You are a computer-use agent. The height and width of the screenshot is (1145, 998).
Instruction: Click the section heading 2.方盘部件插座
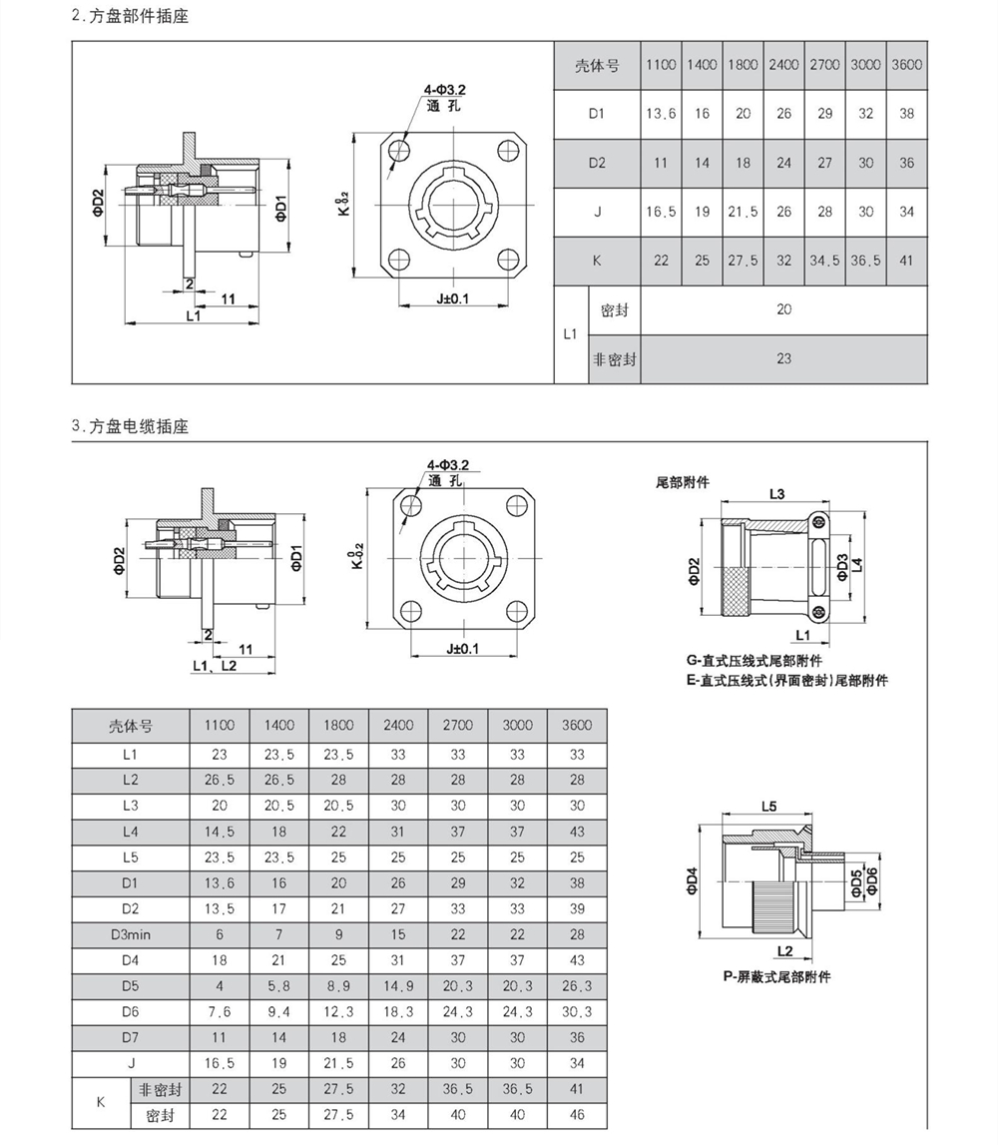[x=131, y=17]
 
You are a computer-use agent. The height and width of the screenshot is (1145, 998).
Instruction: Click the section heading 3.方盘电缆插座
[x=131, y=426]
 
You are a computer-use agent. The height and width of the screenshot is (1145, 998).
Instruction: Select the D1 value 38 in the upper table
[x=906, y=114]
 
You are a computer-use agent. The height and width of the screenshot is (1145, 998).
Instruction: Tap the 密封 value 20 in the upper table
[x=783, y=309]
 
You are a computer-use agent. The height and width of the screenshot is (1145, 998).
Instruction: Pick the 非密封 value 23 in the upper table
[x=783, y=358]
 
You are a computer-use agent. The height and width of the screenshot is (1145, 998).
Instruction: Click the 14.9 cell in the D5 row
[x=398, y=986]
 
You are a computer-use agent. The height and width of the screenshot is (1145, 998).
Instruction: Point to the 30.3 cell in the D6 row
[x=577, y=1012]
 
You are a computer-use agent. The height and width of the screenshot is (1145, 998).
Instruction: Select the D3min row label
[x=130, y=934]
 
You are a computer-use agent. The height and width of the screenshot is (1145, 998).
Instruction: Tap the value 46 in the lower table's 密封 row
[x=577, y=1115]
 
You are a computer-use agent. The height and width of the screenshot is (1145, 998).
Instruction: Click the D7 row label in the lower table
[x=130, y=1037]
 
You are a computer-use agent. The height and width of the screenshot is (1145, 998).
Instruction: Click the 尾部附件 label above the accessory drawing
[x=683, y=481]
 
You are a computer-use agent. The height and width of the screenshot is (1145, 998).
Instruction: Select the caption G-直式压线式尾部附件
[x=754, y=661]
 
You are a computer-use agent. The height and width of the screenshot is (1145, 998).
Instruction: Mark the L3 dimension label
[x=777, y=494]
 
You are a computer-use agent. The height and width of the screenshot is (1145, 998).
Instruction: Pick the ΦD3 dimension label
[x=842, y=566]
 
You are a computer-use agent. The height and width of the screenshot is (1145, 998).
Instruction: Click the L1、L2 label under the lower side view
[x=215, y=665]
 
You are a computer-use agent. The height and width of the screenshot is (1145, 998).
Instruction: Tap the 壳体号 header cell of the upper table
[x=597, y=65]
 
